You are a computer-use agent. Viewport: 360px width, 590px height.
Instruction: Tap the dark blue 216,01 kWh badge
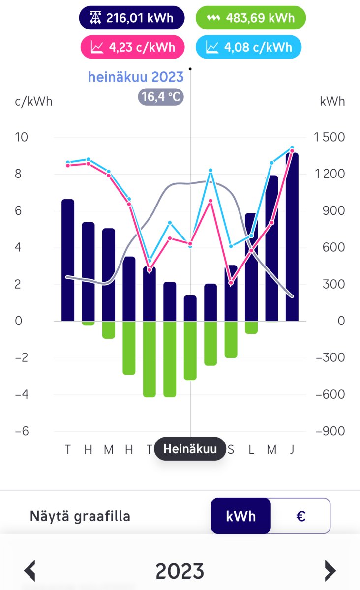pos(132,18)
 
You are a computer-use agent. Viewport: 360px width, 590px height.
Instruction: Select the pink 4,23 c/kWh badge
pos(132,47)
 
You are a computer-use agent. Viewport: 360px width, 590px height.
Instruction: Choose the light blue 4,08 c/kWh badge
pos(248,47)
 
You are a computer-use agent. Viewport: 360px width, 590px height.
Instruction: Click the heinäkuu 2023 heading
pos(136,77)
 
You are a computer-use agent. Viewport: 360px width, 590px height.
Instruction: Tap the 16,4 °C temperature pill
pos(161,97)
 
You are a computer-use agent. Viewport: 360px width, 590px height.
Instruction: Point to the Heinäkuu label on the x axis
pos(190,449)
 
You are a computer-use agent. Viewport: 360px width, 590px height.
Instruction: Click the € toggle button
pos(300,516)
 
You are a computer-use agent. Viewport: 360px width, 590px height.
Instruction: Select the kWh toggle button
pos(241,516)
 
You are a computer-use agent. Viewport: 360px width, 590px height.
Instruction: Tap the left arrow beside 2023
pos(30,571)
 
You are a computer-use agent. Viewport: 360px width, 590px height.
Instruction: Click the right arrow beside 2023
pos(330,571)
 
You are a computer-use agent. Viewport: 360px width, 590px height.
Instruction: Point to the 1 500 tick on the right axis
pos(330,137)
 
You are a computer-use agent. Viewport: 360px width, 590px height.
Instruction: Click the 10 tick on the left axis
pos(22,137)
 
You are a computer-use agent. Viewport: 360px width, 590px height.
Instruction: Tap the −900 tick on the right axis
pos(330,431)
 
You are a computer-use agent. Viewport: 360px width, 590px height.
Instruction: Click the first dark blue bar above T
pos(68,260)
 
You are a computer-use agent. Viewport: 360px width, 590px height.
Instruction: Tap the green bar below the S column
pos(231,339)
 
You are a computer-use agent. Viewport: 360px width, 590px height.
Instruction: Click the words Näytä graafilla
pos(80,516)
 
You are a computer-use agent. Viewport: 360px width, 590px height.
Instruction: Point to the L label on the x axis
pos(251,449)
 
